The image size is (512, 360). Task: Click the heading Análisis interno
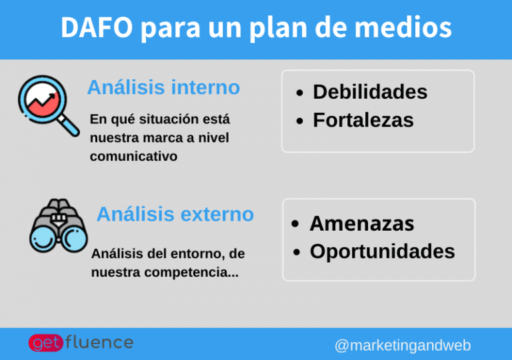tap(163, 87)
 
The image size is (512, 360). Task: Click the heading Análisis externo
tap(175, 214)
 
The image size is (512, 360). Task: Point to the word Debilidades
tap(370, 92)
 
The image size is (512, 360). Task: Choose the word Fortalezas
tap(363, 120)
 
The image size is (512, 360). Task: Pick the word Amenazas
tap(361, 223)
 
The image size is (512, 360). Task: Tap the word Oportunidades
tap(382, 251)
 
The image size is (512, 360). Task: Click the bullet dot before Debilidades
tap(301, 93)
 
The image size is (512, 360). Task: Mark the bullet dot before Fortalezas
tap(301, 121)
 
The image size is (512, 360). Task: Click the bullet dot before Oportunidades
tap(296, 253)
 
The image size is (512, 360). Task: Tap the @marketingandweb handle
tap(402, 345)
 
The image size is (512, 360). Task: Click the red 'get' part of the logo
tap(45, 343)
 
